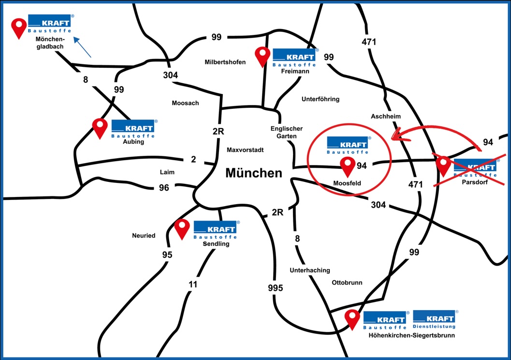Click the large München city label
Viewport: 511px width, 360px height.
point(254,173)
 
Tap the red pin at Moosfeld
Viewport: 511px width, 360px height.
point(348,166)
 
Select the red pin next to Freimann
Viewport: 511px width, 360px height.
point(263,56)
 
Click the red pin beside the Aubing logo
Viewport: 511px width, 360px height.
point(100,128)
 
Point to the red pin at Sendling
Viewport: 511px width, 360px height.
point(182,228)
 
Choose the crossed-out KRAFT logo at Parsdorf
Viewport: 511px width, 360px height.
point(475,167)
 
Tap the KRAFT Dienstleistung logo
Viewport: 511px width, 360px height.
point(434,319)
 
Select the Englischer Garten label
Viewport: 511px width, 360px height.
point(286,132)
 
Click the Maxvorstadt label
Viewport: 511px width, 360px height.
point(245,150)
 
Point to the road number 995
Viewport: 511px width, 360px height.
point(275,288)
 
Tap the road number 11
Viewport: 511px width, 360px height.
point(193,285)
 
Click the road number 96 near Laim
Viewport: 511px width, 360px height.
point(164,187)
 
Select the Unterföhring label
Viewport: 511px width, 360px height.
point(321,99)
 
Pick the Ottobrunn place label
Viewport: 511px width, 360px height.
point(347,283)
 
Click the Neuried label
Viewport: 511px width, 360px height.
point(144,236)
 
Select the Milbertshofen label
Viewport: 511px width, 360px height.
point(225,62)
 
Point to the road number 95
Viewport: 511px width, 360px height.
point(167,255)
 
